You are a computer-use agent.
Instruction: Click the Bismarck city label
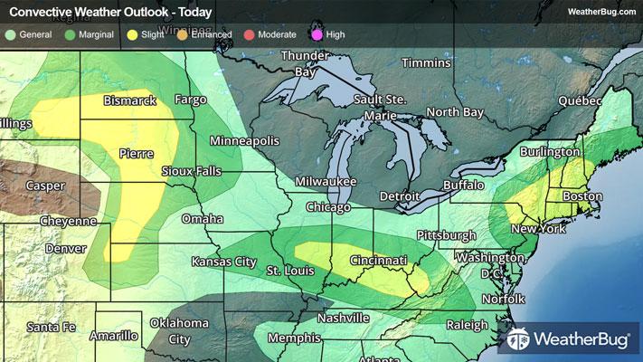click(132, 100)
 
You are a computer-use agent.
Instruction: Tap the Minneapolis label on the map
click(245, 142)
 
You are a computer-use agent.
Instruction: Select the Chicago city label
click(327, 208)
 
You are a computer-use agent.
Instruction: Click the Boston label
click(582, 196)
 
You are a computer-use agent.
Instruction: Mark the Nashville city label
click(343, 319)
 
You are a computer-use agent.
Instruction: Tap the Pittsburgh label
click(446, 235)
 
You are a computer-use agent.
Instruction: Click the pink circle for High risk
click(317, 34)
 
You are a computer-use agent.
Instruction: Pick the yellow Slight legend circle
click(132, 34)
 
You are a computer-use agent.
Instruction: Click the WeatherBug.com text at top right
click(600, 11)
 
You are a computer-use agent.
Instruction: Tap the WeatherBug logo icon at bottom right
click(519, 341)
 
